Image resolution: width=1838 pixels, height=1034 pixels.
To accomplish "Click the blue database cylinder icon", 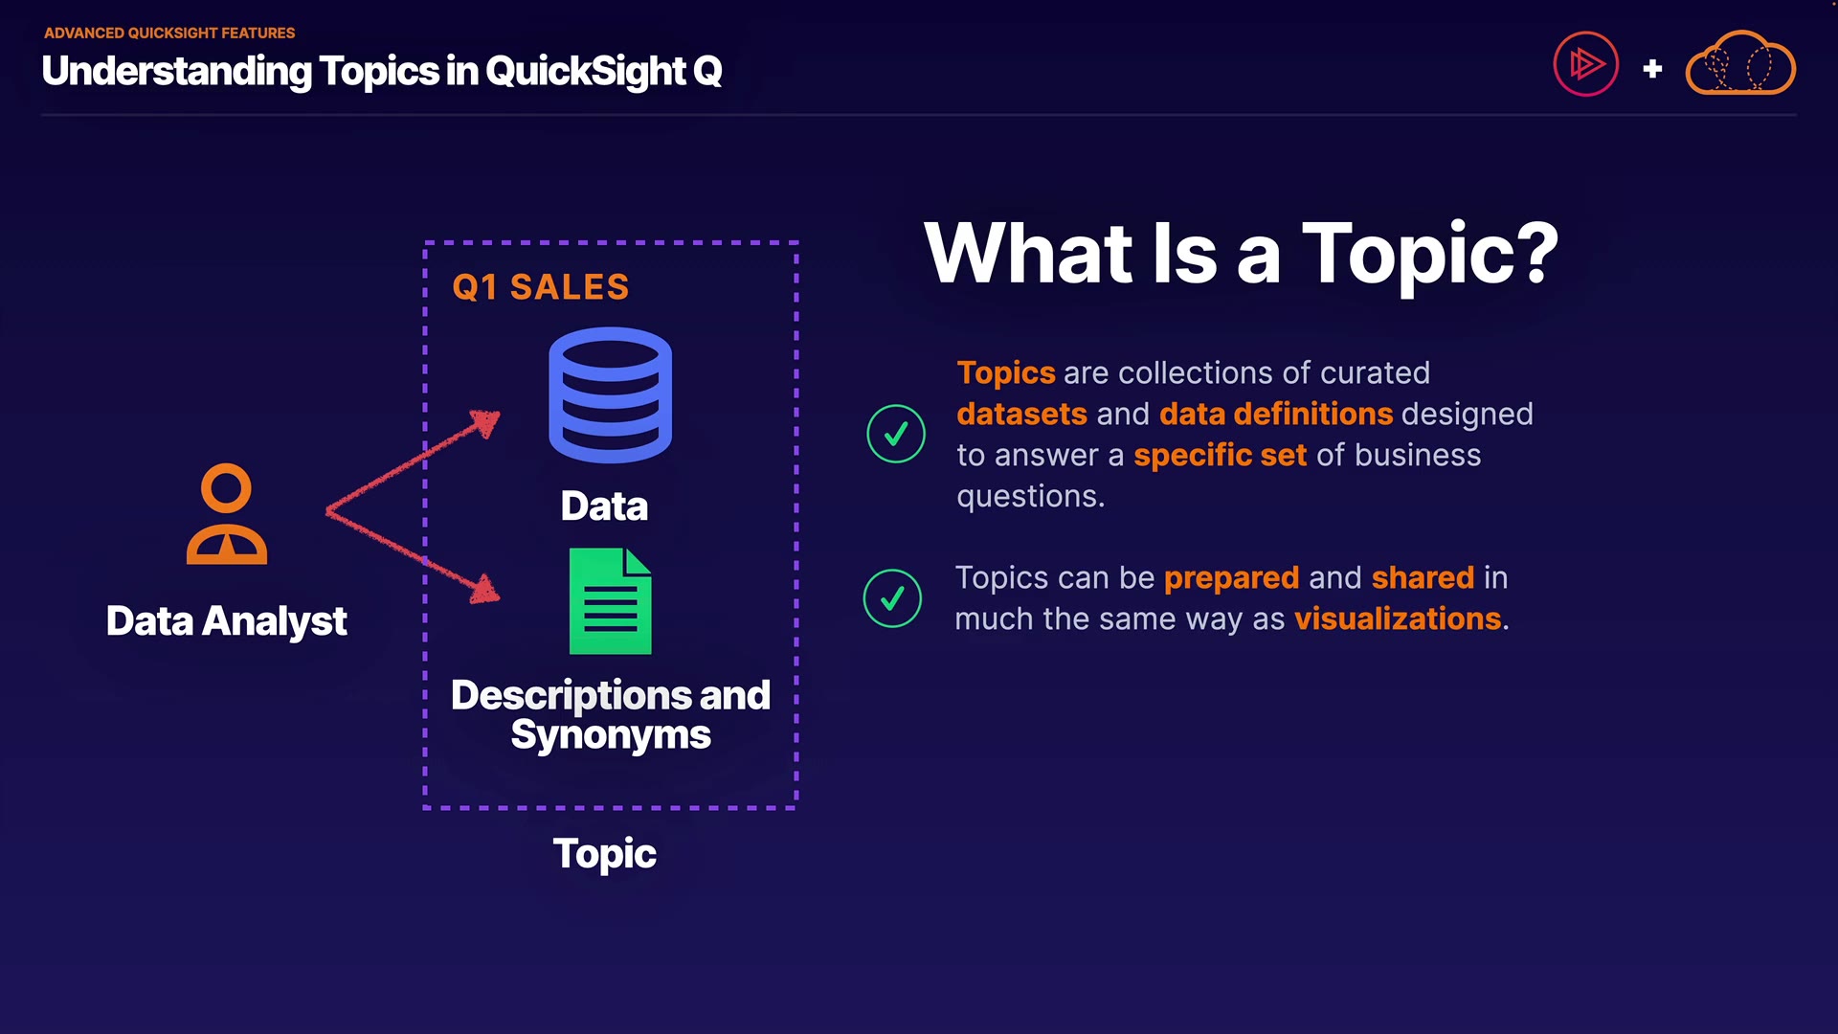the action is click(x=610, y=395).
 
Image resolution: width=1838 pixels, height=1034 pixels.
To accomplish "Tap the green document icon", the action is click(x=610, y=601).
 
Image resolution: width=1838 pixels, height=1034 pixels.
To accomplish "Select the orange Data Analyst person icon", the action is click(x=227, y=514).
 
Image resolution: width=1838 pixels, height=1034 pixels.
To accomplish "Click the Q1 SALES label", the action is click(x=541, y=287).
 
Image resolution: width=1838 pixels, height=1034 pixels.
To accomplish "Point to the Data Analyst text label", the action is click(x=226, y=621).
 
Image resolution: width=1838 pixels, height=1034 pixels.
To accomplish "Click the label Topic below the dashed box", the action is click(x=605, y=854).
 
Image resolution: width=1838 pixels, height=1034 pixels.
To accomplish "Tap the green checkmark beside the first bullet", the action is click(x=896, y=434).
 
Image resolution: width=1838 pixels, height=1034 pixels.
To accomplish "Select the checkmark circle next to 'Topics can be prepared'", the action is click(x=892, y=598).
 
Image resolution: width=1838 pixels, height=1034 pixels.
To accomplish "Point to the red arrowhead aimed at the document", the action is click(x=485, y=589).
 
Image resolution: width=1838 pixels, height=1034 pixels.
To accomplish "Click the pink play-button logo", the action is click(x=1586, y=64).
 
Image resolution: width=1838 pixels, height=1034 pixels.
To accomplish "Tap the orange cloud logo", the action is click(x=1740, y=63).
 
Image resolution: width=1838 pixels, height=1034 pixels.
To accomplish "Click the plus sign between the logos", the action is click(x=1652, y=69).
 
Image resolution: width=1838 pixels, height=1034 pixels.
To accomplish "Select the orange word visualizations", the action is click(x=1398, y=619).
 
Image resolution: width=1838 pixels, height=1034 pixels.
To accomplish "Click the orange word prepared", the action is click(x=1232, y=578).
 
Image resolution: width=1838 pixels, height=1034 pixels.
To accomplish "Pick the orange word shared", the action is click(x=1423, y=578).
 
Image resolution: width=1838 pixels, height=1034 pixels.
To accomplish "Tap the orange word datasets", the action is click(x=1022, y=415).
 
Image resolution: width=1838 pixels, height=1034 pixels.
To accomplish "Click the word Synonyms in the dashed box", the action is click(x=611, y=735).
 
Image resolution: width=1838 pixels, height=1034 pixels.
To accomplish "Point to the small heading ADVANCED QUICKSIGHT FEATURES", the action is click(x=169, y=33).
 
